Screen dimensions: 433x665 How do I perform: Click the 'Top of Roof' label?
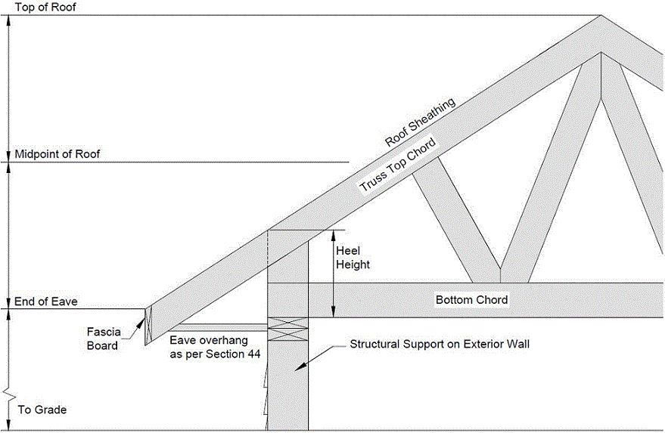45,7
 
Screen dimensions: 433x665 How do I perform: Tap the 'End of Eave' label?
46,302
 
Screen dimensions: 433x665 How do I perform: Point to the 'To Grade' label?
42,410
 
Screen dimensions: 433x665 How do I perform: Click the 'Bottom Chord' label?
471,300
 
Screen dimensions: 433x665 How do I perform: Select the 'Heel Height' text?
353,258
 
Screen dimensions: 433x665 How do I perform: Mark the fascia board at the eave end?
148,326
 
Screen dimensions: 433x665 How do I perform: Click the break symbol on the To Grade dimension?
7,394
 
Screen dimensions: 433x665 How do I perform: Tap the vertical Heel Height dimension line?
334,273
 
